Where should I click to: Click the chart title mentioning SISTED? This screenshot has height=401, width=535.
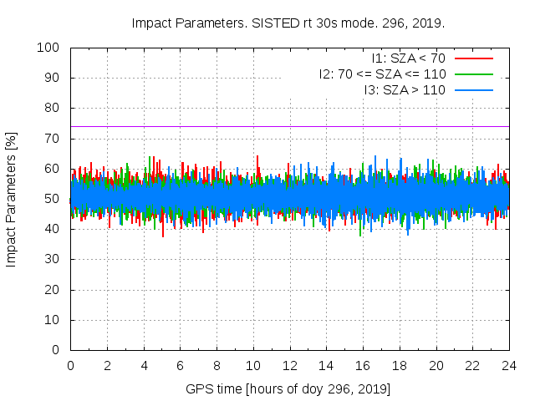pyautogui.click(x=288, y=23)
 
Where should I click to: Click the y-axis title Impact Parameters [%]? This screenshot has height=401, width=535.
pyautogui.click(x=12, y=199)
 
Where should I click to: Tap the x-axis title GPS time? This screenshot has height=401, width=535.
pyautogui.click(x=288, y=389)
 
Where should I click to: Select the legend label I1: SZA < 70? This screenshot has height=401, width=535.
pyautogui.click(x=409, y=58)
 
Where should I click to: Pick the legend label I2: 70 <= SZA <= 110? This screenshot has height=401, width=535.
pyautogui.click(x=382, y=74)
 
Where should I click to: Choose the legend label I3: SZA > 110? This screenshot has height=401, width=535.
pyautogui.click(x=405, y=89)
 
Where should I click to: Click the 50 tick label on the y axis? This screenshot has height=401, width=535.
pyautogui.click(x=51, y=199)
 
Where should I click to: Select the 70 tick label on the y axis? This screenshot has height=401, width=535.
pyautogui.click(x=51, y=139)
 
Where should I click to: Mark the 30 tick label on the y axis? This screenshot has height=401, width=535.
pyautogui.click(x=51, y=260)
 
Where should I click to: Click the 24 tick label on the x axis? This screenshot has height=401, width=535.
pyautogui.click(x=508, y=365)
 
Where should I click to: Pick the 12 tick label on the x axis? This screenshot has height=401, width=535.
pyautogui.click(x=289, y=365)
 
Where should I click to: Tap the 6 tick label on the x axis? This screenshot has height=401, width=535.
pyautogui.click(x=180, y=365)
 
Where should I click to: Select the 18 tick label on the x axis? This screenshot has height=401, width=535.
pyautogui.click(x=399, y=365)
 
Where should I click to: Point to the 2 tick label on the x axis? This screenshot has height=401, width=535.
pyautogui.click(x=107, y=365)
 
